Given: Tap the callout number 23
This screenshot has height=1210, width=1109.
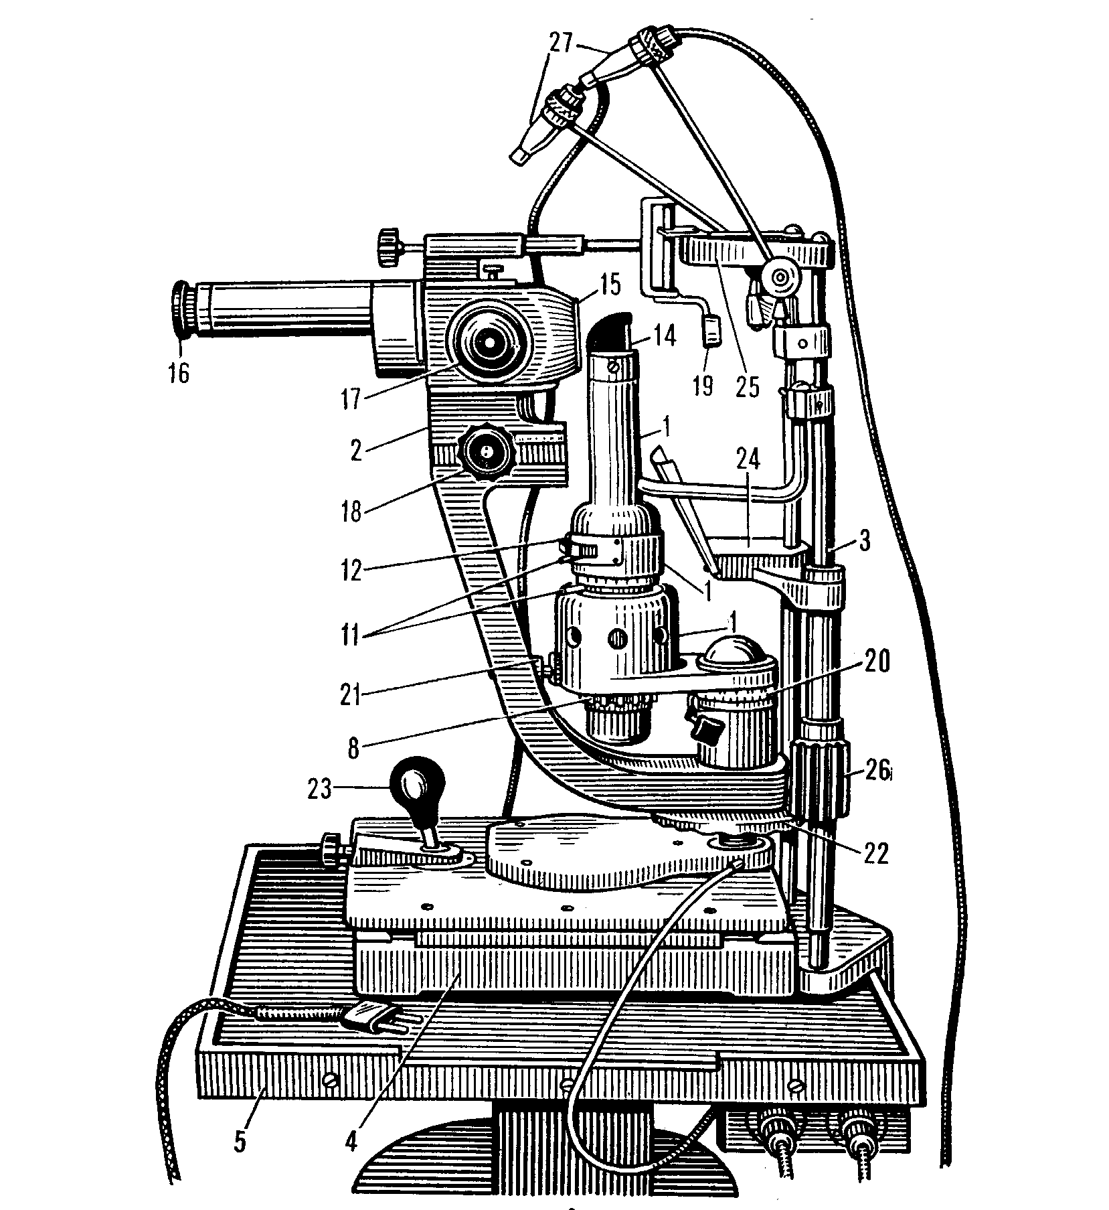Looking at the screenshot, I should point(319,790).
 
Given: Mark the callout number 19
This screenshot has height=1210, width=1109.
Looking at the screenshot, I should point(703,384).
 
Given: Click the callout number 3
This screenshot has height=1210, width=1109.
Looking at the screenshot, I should point(865,541).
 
